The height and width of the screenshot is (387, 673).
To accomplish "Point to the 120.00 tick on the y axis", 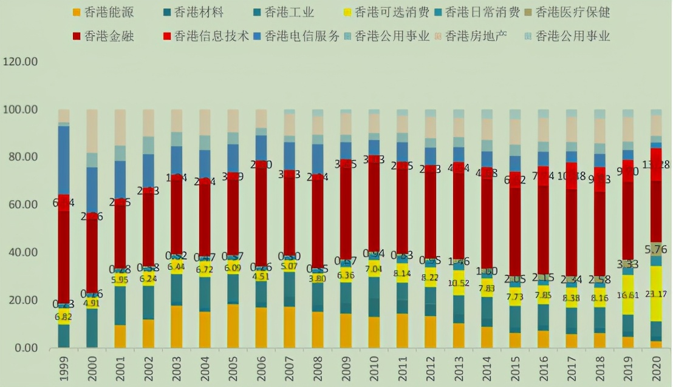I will (x=21, y=62).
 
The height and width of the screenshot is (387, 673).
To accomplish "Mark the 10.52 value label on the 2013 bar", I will (x=459, y=283).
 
